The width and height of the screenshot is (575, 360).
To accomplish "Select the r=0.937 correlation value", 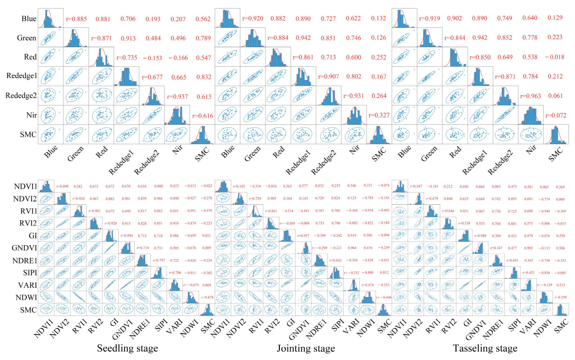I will point(178,97).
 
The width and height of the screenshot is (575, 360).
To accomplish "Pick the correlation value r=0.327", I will point(378,115).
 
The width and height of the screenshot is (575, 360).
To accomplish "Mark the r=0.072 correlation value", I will point(555,115).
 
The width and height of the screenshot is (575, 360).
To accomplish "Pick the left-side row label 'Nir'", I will point(30,115).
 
